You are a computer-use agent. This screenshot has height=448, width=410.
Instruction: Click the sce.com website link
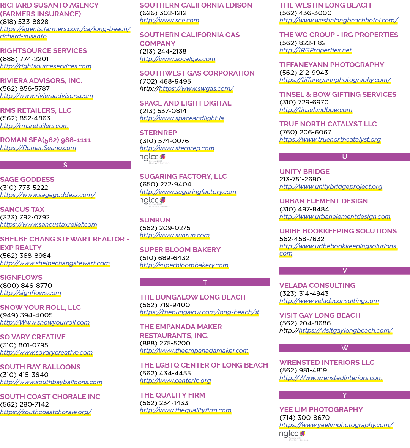coord(169,21)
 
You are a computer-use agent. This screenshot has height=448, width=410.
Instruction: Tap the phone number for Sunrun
coord(165,228)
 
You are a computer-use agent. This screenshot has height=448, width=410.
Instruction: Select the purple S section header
coord(65,165)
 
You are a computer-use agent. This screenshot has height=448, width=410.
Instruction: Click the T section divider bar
coord(205,282)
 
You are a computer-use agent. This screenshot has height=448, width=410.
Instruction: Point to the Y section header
coord(345,395)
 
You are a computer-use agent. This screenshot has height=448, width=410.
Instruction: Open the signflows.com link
coord(31,293)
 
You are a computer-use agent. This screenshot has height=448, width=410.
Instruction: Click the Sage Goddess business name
coord(27,180)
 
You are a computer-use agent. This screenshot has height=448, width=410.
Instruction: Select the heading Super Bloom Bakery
coord(180,250)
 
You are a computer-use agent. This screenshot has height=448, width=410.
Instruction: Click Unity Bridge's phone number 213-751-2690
coord(300,179)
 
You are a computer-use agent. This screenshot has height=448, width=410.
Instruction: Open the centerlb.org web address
coord(175,380)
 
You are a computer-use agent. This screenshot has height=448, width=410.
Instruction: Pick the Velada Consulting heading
coord(317,286)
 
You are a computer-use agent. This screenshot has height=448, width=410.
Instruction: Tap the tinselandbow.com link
coord(316,110)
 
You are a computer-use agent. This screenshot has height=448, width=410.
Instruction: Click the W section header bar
coord(345,348)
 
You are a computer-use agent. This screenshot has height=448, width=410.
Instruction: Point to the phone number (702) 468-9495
coord(165,81)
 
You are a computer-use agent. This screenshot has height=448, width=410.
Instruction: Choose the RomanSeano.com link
coord(38,148)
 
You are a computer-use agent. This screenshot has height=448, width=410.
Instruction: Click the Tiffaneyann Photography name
coord(332,65)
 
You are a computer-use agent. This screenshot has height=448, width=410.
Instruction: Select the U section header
coord(345,156)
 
